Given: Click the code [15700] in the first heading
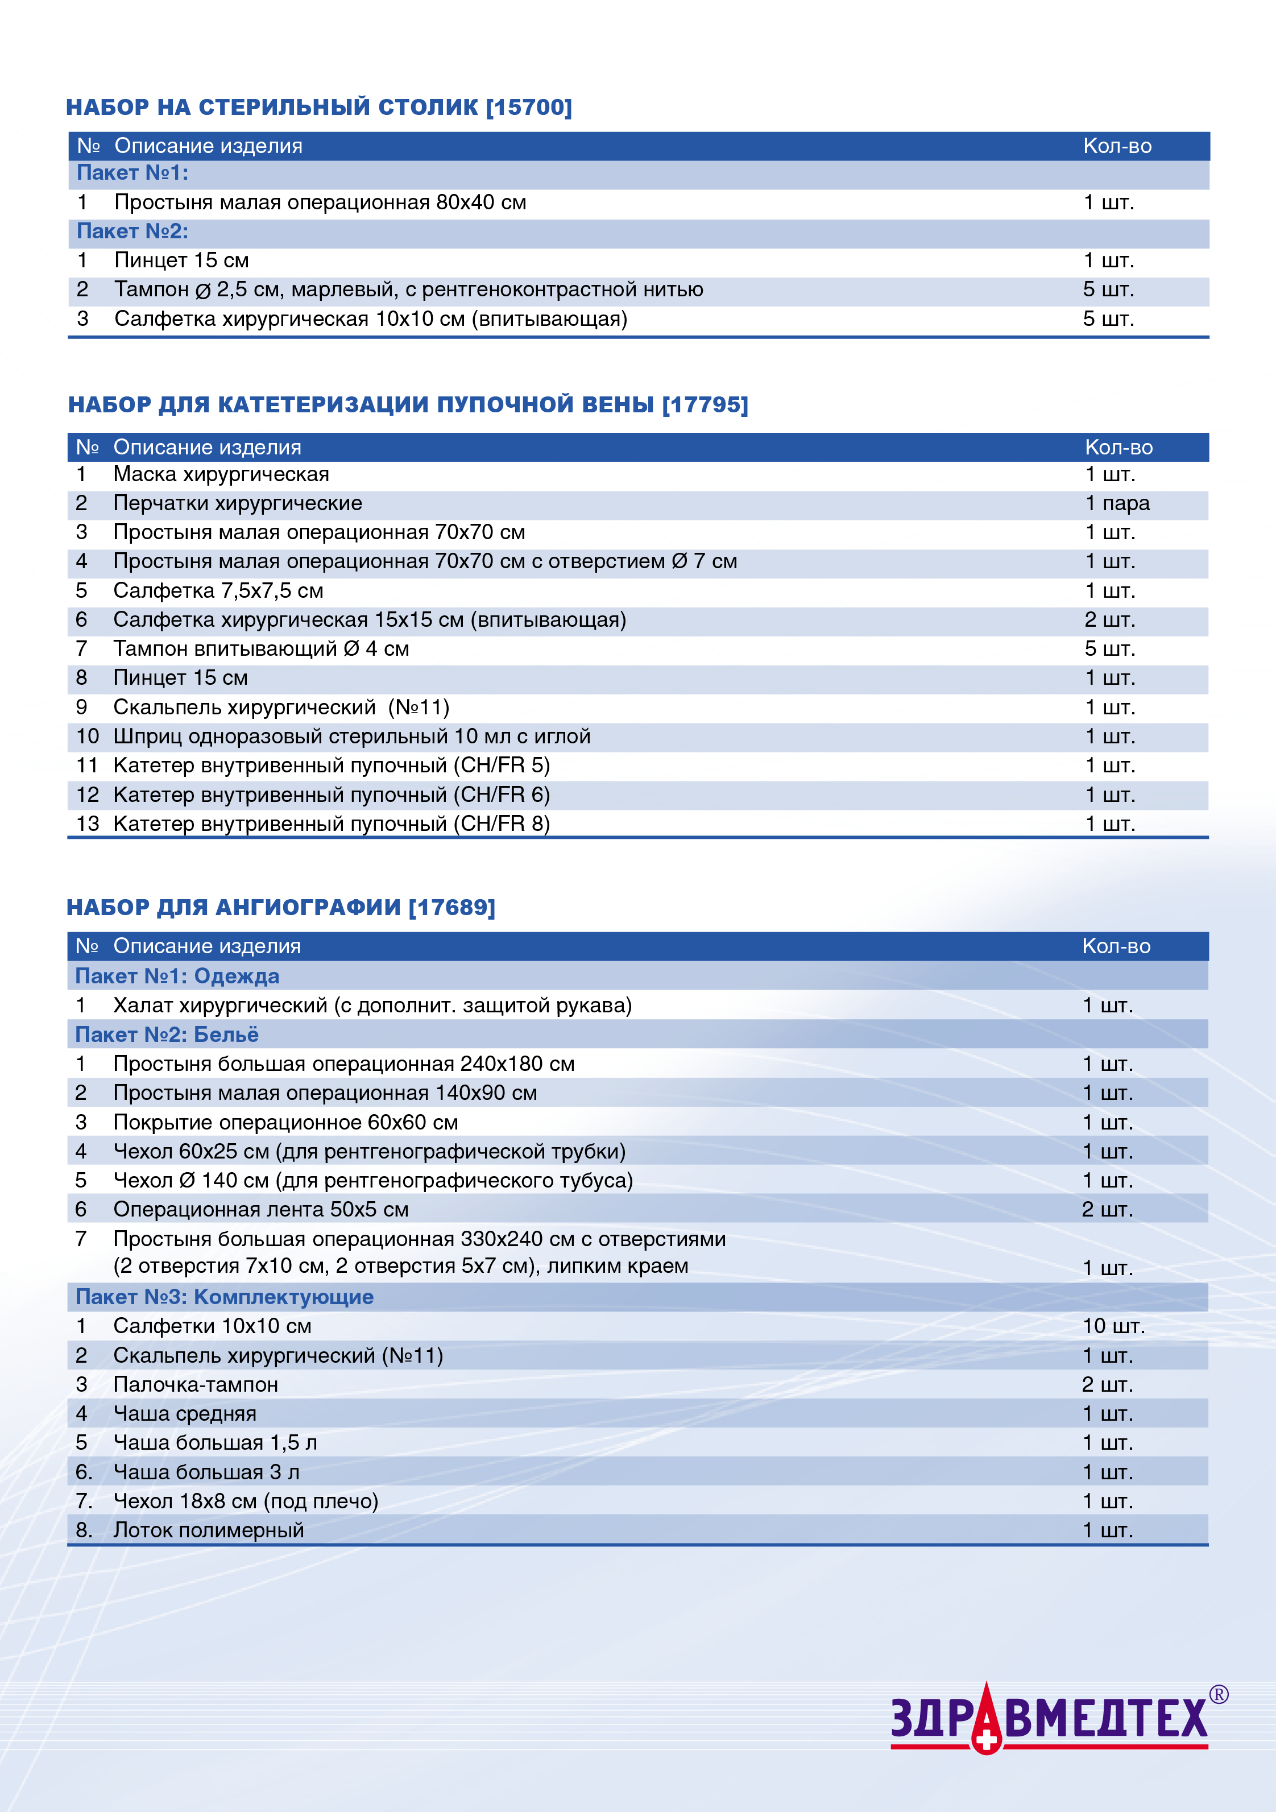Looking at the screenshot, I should click(x=529, y=106).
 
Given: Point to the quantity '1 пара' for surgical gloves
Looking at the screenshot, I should click(x=1117, y=503).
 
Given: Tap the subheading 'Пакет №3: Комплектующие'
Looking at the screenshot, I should click(x=224, y=1297).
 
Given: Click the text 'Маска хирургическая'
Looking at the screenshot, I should click(x=221, y=474).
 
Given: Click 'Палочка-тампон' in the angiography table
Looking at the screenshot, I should click(x=196, y=1384).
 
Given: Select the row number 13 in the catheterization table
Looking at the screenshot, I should click(x=88, y=824).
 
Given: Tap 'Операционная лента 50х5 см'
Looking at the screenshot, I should click(x=260, y=1209).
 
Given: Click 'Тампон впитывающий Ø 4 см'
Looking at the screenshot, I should click(x=260, y=649).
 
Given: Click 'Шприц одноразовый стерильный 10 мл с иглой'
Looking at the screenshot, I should click(x=351, y=737).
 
